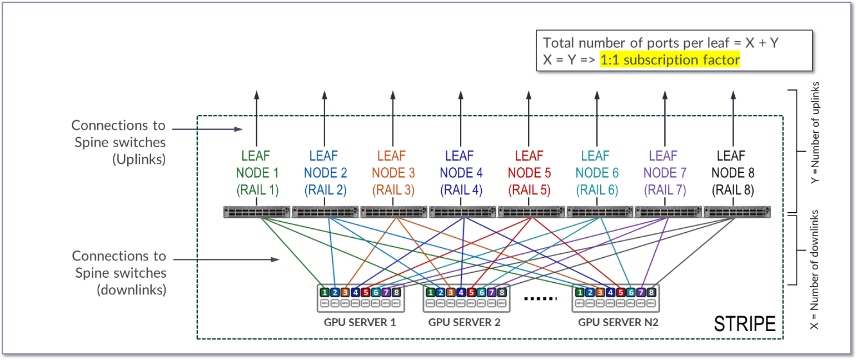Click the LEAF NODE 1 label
click(257, 173)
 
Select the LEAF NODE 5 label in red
click(529, 173)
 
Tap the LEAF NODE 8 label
click(733, 173)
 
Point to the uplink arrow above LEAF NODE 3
click(393, 117)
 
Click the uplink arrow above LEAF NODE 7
click(664, 117)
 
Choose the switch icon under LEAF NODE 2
click(326, 212)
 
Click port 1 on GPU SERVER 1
click(324, 292)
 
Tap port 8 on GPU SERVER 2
click(501, 292)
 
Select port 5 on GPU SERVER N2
click(621, 292)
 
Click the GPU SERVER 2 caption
click(465, 322)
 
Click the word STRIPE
click(744, 324)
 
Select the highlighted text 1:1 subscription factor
click(670, 59)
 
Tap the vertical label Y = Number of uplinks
click(816, 133)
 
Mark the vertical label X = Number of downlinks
click(816, 269)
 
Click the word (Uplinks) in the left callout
click(139, 159)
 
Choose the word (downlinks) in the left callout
click(132, 290)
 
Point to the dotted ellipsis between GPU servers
click(540, 298)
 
